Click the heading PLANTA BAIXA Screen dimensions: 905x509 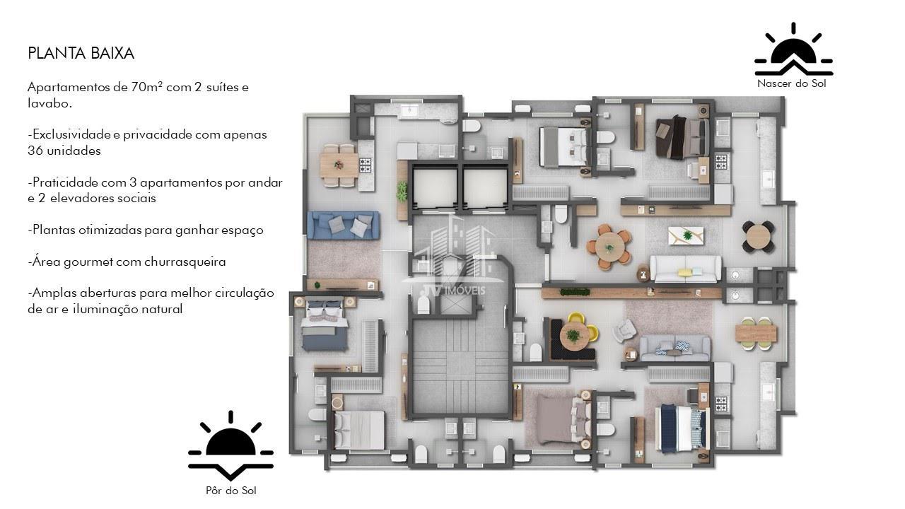[x=81, y=53]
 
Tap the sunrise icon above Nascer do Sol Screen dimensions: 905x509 [x=793, y=49]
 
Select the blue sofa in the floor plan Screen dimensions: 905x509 [x=343, y=226]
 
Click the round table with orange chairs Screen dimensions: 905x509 [x=609, y=247]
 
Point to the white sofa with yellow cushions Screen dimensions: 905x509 [x=685, y=268]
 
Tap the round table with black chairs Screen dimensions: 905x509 [x=759, y=237]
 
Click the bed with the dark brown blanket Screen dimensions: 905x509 [x=682, y=137]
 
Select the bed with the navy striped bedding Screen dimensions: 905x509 [x=682, y=428]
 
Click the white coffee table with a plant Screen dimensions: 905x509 [x=686, y=235]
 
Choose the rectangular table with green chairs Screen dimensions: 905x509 [x=756, y=333]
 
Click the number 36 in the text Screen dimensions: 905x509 [x=35, y=151]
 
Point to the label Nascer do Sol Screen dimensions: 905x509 [x=791, y=83]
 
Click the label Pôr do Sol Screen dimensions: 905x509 [x=231, y=491]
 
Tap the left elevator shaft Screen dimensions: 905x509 [x=434, y=188]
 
